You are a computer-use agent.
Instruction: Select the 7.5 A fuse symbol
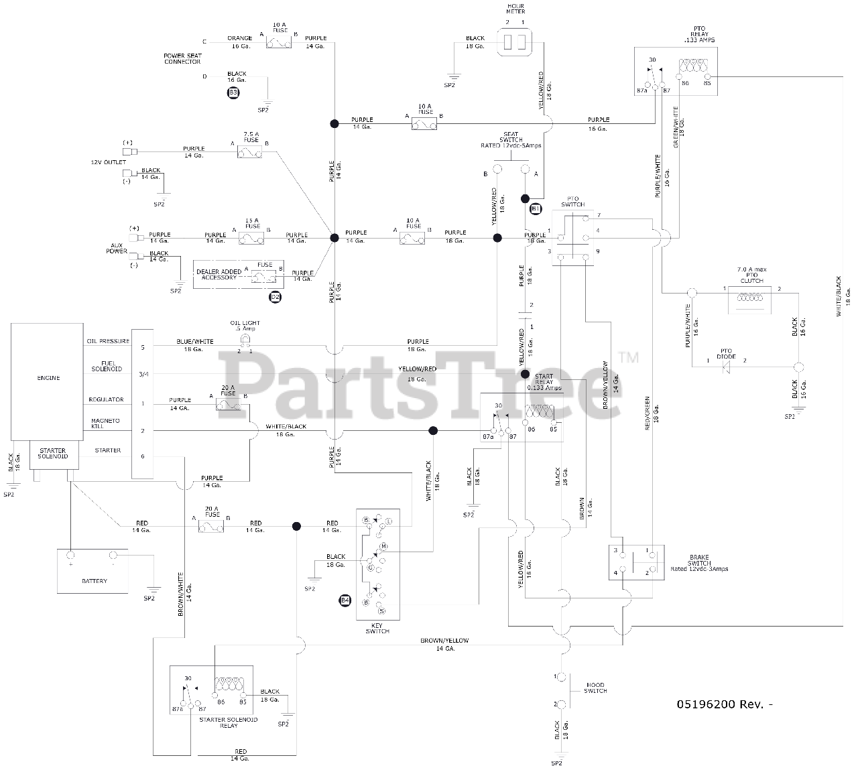click(x=249, y=153)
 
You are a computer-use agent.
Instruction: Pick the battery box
click(x=93, y=571)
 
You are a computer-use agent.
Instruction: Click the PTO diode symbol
click(x=725, y=366)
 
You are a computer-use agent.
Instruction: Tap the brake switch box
click(x=635, y=562)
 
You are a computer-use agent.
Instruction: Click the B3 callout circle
click(x=233, y=92)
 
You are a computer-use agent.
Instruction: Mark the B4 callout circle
click(x=345, y=600)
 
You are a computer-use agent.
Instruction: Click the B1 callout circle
click(x=536, y=209)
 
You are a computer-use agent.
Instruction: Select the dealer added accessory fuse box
click(x=239, y=275)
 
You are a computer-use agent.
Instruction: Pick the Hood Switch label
click(x=595, y=688)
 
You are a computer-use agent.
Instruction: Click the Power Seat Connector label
click(x=182, y=59)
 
